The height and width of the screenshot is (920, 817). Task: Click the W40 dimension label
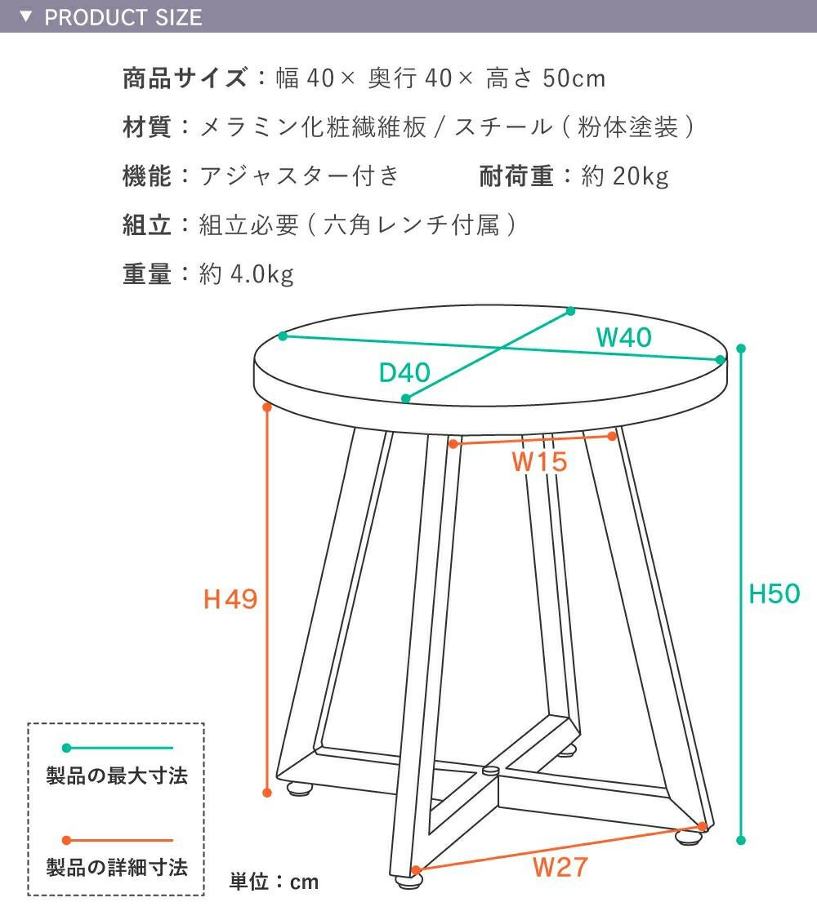623,337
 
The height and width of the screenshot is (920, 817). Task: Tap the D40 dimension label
404,372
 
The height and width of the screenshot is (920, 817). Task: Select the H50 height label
775,593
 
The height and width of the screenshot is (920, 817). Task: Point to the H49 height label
230,599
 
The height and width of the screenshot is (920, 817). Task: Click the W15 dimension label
539,462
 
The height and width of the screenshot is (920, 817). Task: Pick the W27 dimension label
560,867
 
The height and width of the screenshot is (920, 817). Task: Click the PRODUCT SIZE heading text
123,18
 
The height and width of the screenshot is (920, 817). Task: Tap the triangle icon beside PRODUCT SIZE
26,16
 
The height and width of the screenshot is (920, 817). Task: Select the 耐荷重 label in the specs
517,176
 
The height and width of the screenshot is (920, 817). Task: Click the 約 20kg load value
625,176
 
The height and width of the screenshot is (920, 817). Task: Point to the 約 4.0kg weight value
246,274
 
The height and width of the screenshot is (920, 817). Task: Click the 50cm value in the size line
574,78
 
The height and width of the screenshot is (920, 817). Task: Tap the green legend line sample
118,748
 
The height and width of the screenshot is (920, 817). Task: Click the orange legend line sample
118,840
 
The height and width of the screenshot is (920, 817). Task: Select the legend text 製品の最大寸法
117,776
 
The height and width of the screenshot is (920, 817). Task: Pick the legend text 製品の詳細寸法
117,867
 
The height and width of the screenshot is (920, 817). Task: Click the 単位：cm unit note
274,882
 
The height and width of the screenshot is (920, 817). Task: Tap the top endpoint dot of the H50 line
741,349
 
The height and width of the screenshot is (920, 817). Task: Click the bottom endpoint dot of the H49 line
267,793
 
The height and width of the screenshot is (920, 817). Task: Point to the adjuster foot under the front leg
408,880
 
